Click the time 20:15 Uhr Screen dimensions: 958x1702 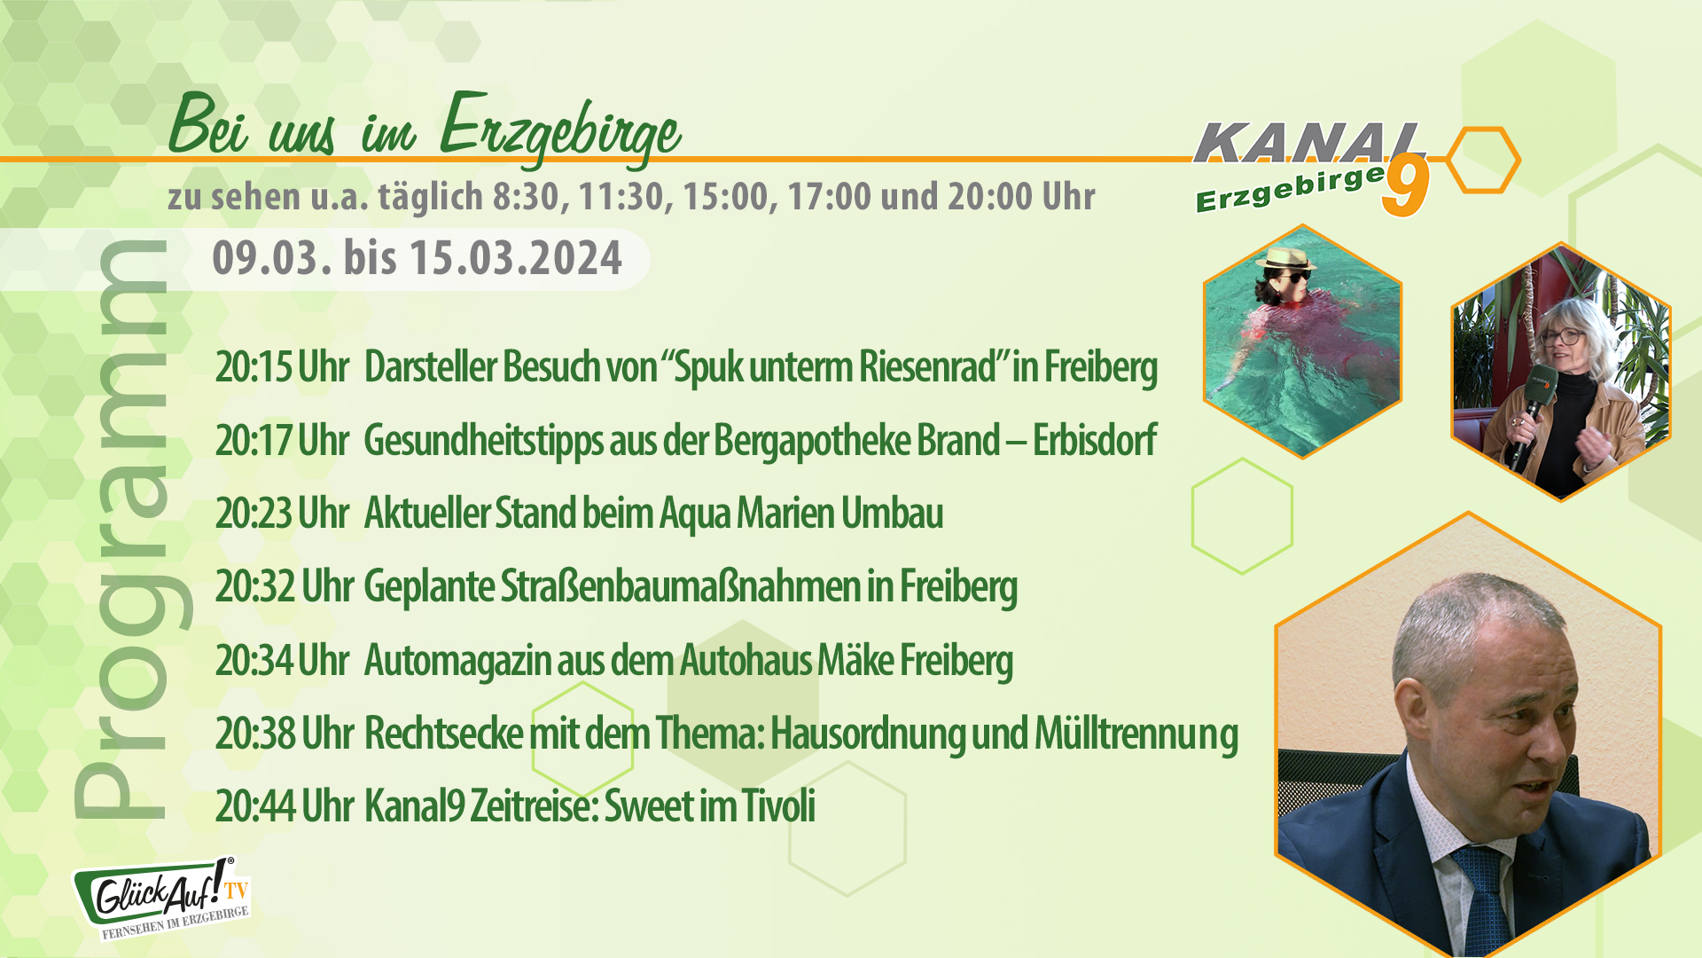(x=282, y=367)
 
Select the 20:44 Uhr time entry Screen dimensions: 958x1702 (x=284, y=805)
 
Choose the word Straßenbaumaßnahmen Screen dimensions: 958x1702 (x=680, y=586)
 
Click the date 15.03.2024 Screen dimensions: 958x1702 (x=515, y=258)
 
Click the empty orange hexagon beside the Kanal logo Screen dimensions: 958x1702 (x=1484, y=161)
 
